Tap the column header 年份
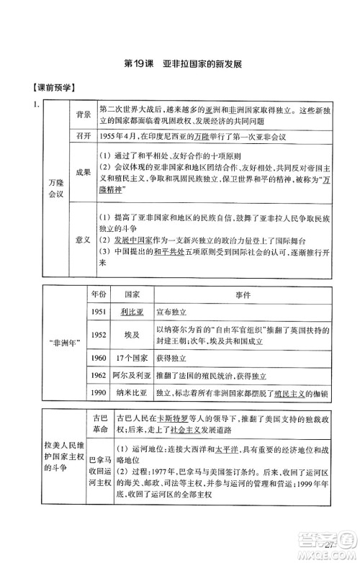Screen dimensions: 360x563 98,294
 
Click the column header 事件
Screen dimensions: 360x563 242,294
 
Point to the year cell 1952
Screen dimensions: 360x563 99,335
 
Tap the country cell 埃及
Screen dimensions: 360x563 132,335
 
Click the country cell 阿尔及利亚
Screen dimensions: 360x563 132,375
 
